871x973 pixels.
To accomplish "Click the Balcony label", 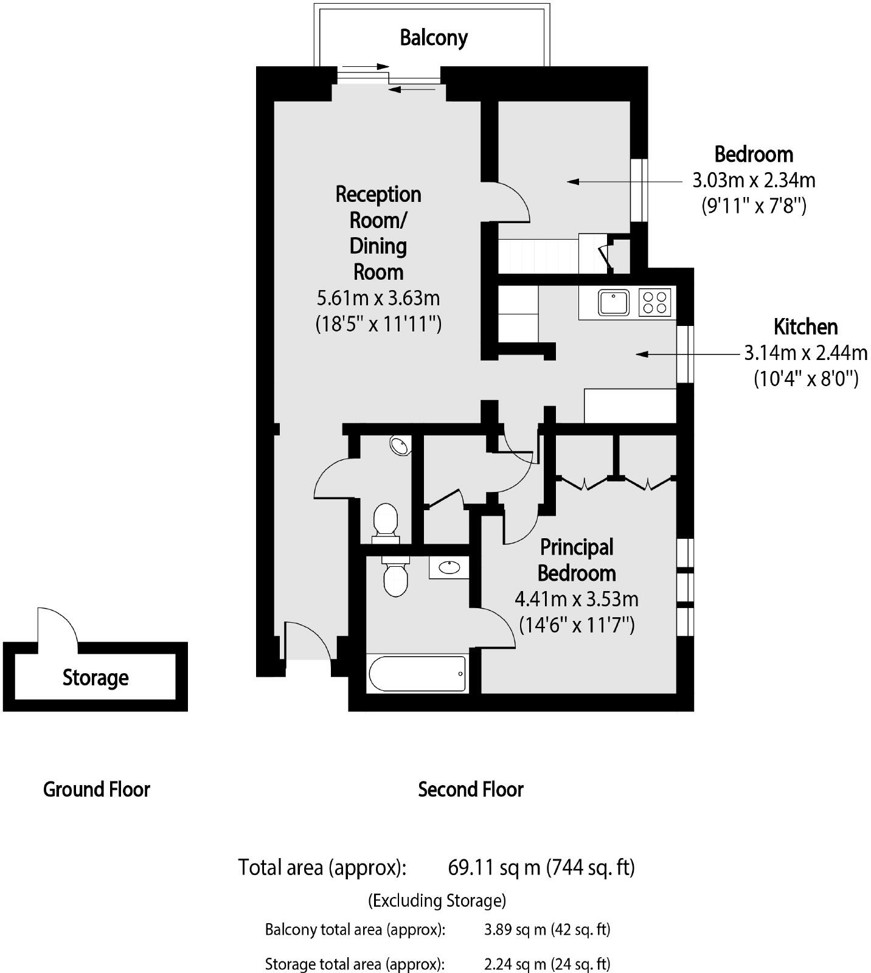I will pos(434,38).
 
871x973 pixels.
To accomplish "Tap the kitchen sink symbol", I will pos(613,302).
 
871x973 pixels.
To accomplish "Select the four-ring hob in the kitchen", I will pos(654,302).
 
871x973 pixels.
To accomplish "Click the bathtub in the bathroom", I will pos(417,673).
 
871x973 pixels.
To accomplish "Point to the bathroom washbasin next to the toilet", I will pos(449,567).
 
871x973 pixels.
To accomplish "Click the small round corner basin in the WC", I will pos(400,446).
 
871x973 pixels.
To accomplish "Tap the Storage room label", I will pos(95,677).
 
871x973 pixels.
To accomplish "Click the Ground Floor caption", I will pos(96,789).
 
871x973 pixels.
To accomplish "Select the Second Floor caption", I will pos(470,789).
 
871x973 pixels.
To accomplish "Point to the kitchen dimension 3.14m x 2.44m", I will pos(805,353).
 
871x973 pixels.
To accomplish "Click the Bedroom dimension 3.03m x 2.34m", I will pos(754,181).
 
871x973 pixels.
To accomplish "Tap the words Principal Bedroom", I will pos(576,560).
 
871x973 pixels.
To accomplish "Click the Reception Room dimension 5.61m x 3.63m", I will pos(378,298).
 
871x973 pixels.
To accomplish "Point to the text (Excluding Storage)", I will pos(437,900).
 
